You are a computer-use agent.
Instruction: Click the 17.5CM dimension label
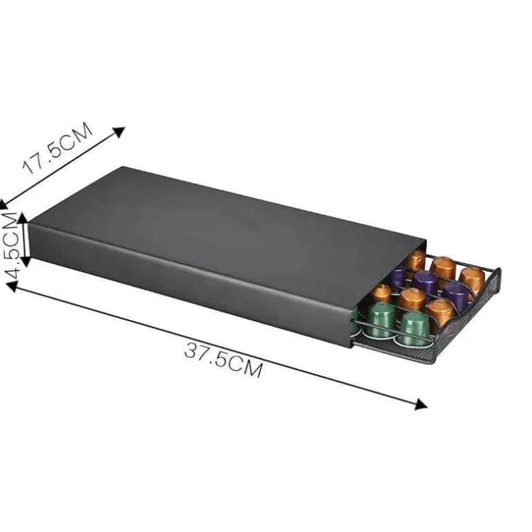coord(57,148)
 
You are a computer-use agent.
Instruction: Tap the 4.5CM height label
coord(10,246)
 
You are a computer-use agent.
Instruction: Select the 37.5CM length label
coord(224,360)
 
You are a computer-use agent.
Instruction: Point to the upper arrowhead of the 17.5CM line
coord(119,132)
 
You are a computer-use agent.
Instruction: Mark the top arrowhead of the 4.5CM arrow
coord(24,218)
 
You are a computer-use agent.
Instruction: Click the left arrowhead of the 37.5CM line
coord(12,287)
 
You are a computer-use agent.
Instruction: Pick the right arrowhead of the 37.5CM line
coord(421,403)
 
